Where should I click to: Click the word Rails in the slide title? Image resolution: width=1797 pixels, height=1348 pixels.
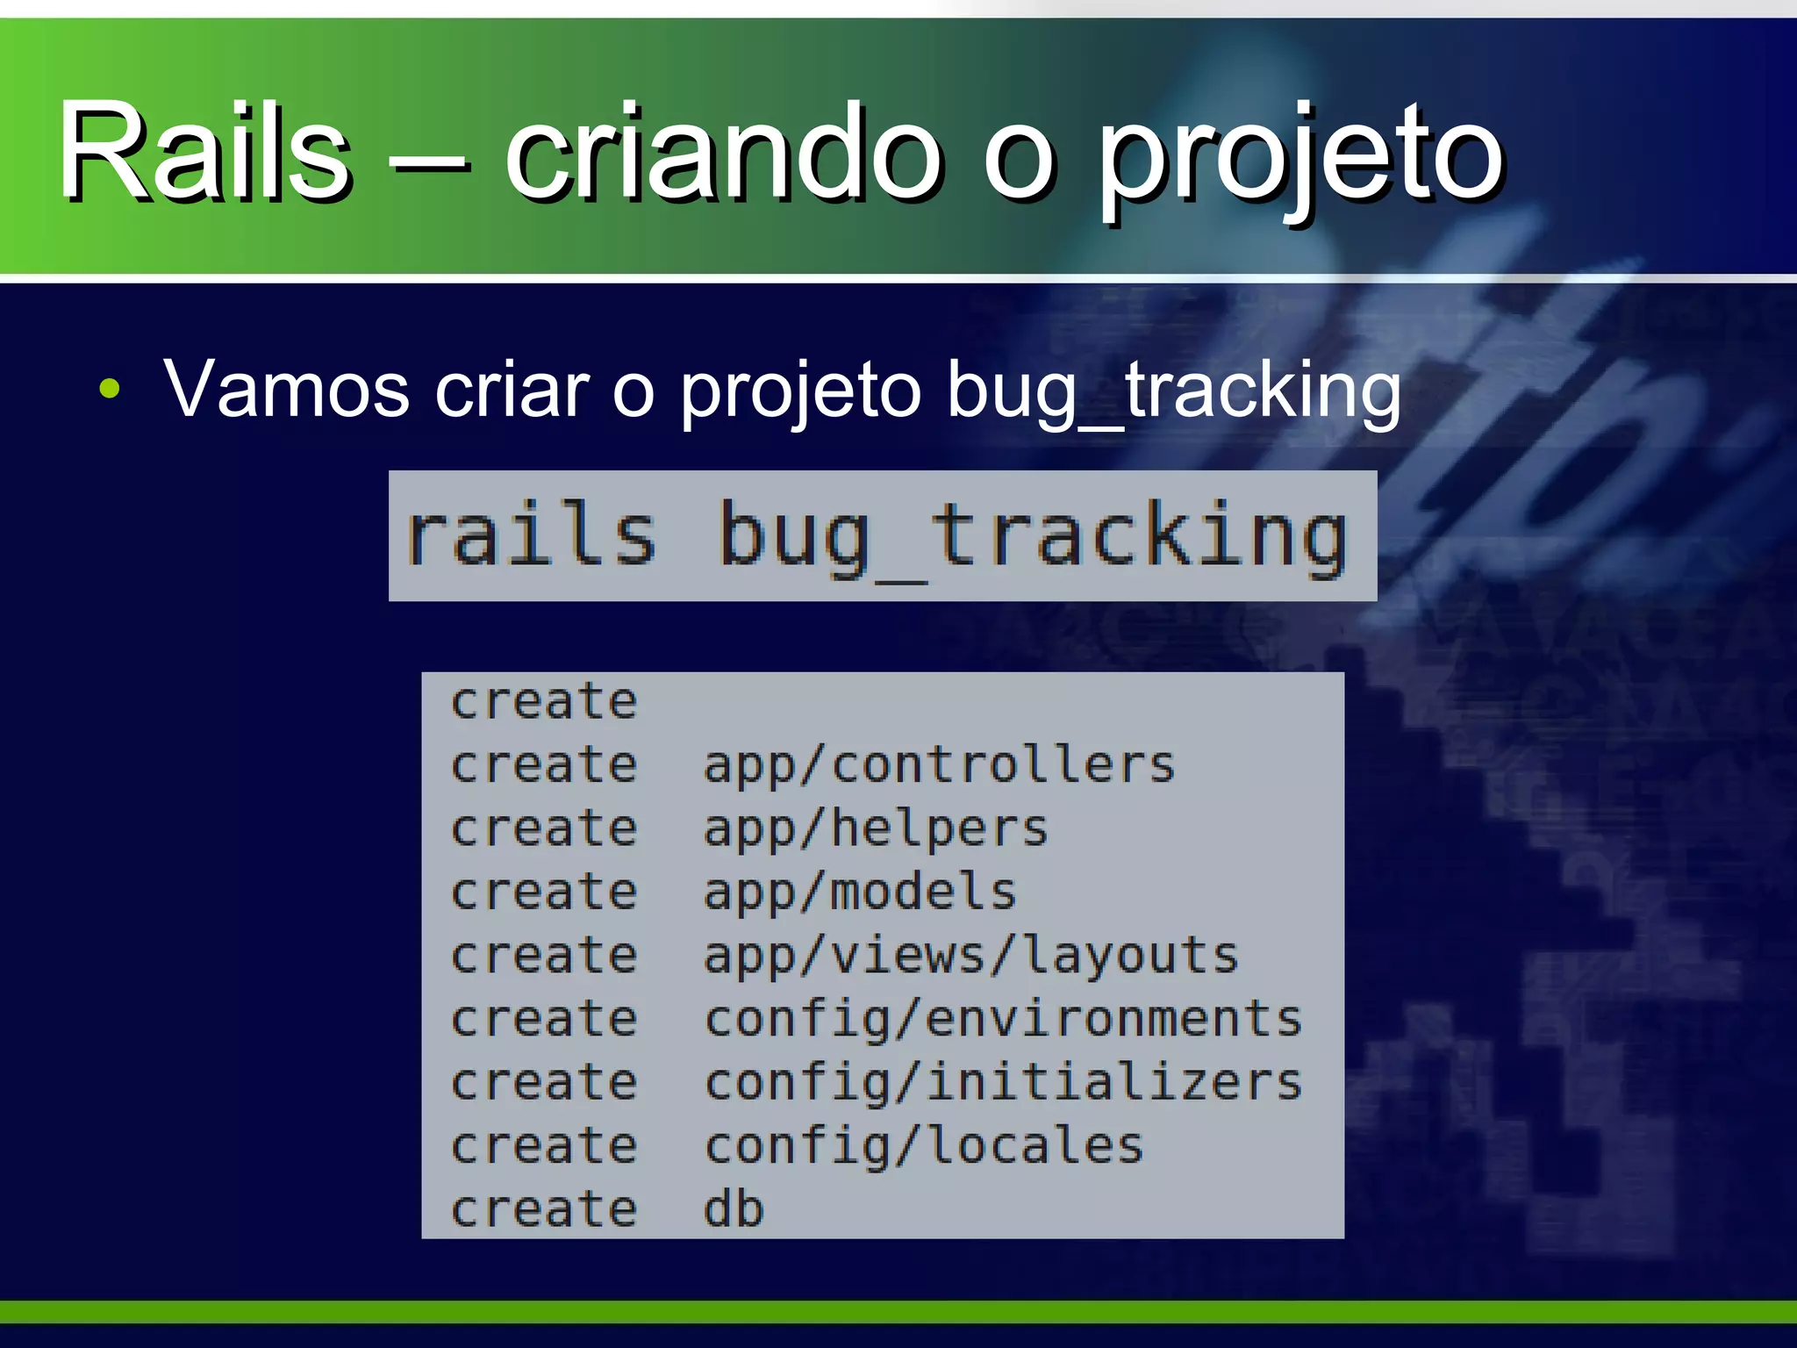(x=204, y=151)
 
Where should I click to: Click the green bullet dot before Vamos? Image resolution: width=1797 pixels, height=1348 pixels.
(x=110, y=389)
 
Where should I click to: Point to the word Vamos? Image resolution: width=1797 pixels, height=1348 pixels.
(x=287, y=389)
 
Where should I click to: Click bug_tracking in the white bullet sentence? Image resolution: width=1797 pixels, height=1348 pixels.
(x=1174, y=391)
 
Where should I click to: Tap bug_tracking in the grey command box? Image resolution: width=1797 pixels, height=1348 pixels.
(x=1032, y=537)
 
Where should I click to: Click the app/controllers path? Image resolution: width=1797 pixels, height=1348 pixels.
(x=939, y=765)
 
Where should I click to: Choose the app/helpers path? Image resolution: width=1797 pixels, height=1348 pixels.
(x=876, y=829)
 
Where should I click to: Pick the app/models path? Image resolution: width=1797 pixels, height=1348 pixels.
(x=860, y=893)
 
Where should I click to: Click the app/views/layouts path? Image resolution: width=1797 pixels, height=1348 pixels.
(x=970, y=957)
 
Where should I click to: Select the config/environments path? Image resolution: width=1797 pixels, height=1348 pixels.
(x=1003, y=1020)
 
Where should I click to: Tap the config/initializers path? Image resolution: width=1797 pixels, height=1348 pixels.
(x=1003, y=1083)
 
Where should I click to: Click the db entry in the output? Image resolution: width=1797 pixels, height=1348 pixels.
(x=734, y=1209)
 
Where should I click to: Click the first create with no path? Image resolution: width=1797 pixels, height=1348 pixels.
(x=544, y=702)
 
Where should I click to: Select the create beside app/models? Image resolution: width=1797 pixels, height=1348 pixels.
(x=544, y=893)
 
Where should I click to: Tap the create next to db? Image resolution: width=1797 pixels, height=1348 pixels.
(x=544, y=1209)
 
